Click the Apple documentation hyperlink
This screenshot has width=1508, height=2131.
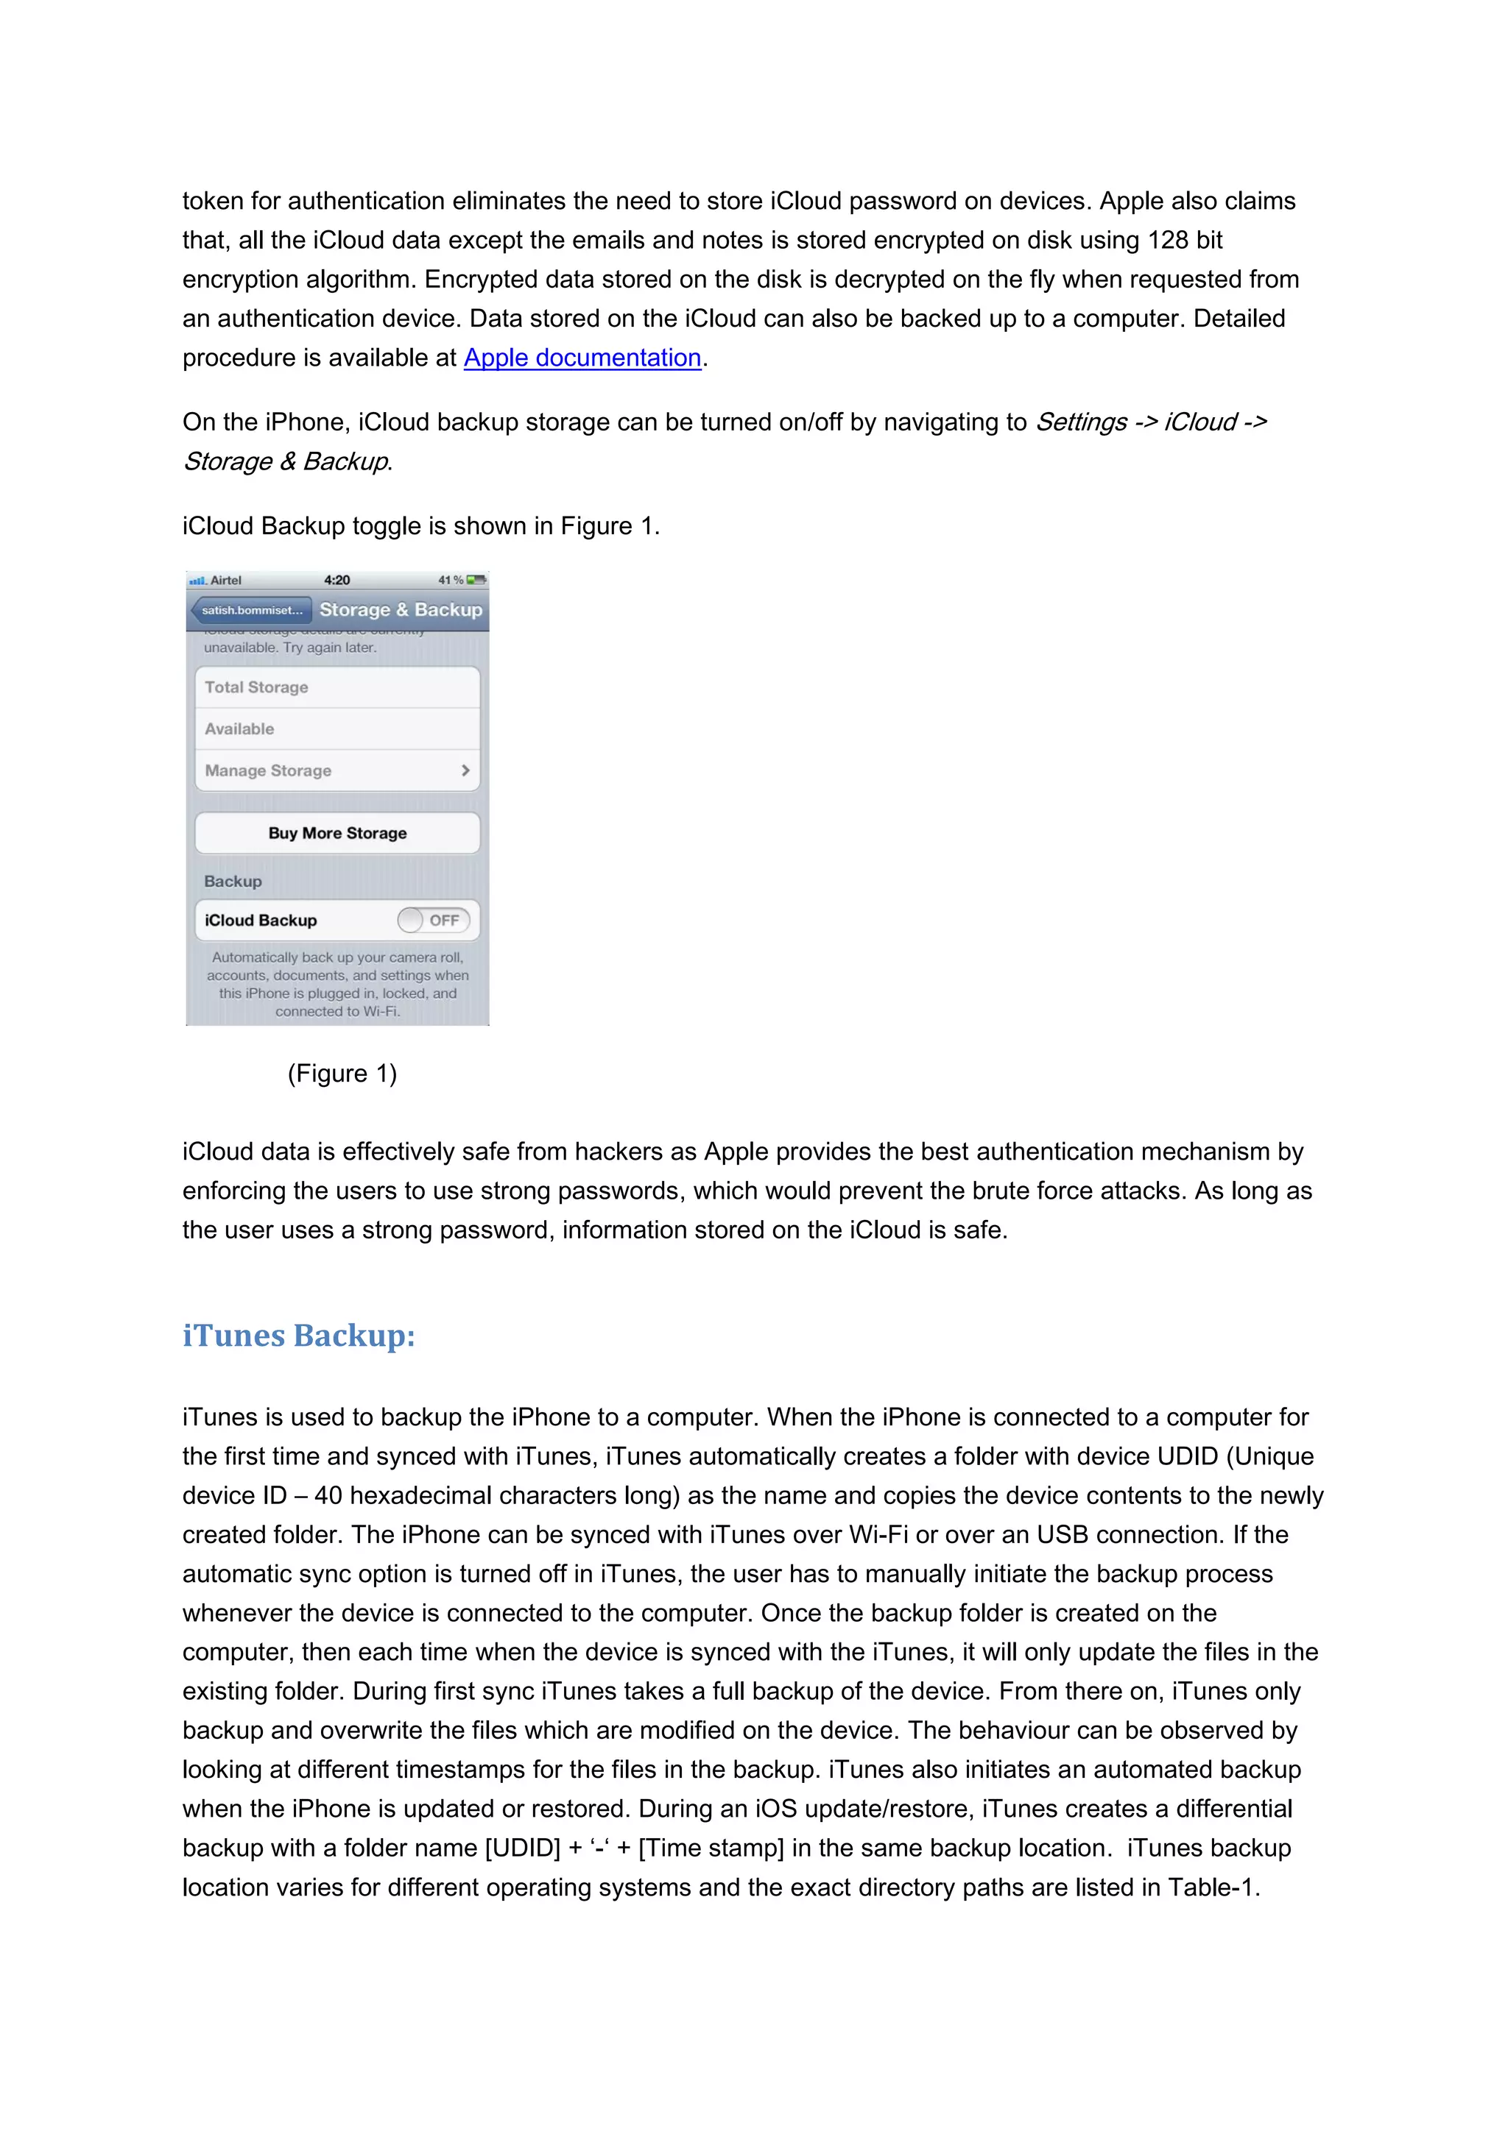pos(582,358)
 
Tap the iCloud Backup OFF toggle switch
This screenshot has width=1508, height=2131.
pos(433,920)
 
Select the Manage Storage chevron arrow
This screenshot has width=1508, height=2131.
pos(465,770)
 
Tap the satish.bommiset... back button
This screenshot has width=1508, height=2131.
pos(250,610)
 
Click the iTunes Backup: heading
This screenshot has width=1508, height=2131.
pos(298,1336)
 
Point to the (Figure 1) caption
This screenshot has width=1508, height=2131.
pos(342,1073)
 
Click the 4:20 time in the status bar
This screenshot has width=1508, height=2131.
pos(337,580)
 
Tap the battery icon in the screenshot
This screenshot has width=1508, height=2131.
pos(476,580)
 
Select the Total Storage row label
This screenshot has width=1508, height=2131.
pos(256,687)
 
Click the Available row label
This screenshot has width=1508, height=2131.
pos(239,728)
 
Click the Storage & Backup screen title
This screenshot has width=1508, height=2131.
pos(401,610)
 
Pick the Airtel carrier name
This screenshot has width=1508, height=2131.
pos(225,580)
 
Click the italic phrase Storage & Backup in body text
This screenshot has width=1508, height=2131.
pos(285,461)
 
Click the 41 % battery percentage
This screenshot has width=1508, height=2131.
pos(451,580)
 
